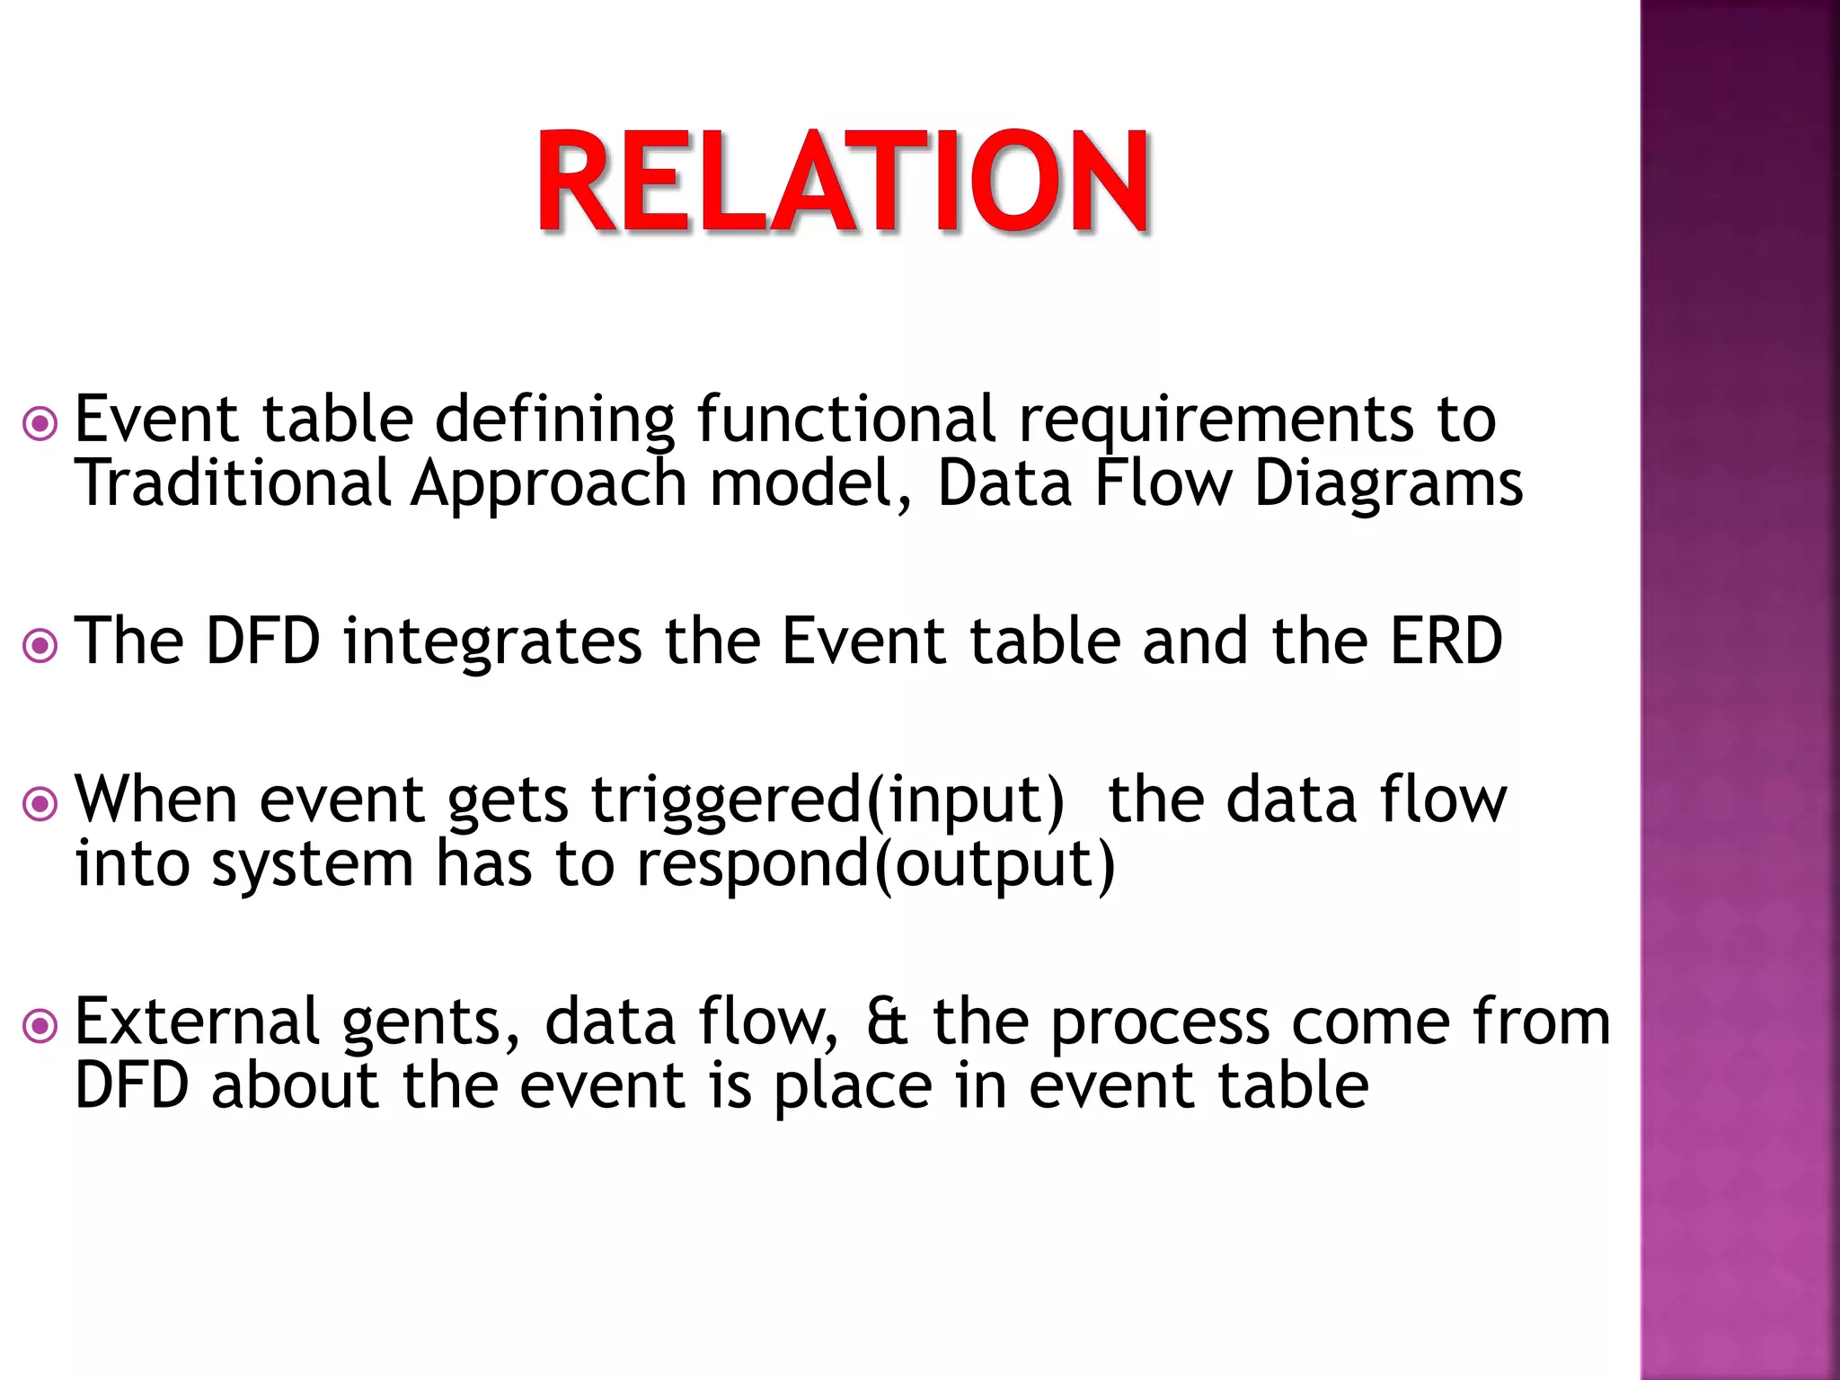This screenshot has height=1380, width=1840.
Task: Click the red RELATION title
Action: tap(843, 182)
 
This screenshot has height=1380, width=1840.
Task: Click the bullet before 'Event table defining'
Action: tap(40, 423)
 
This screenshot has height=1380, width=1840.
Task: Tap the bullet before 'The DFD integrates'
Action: tap(40, 645)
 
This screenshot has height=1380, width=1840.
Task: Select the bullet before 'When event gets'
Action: tap(40, 803)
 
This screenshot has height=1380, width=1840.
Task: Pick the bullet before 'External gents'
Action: tap(40, 1026)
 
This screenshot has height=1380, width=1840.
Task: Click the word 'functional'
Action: tap(846, 419)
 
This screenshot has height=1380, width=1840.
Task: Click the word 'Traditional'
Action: tap(233, 483)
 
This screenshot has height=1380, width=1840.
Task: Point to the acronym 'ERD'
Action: tap(1446, 641)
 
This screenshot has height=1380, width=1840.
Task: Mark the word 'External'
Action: tap(197, 1022)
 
